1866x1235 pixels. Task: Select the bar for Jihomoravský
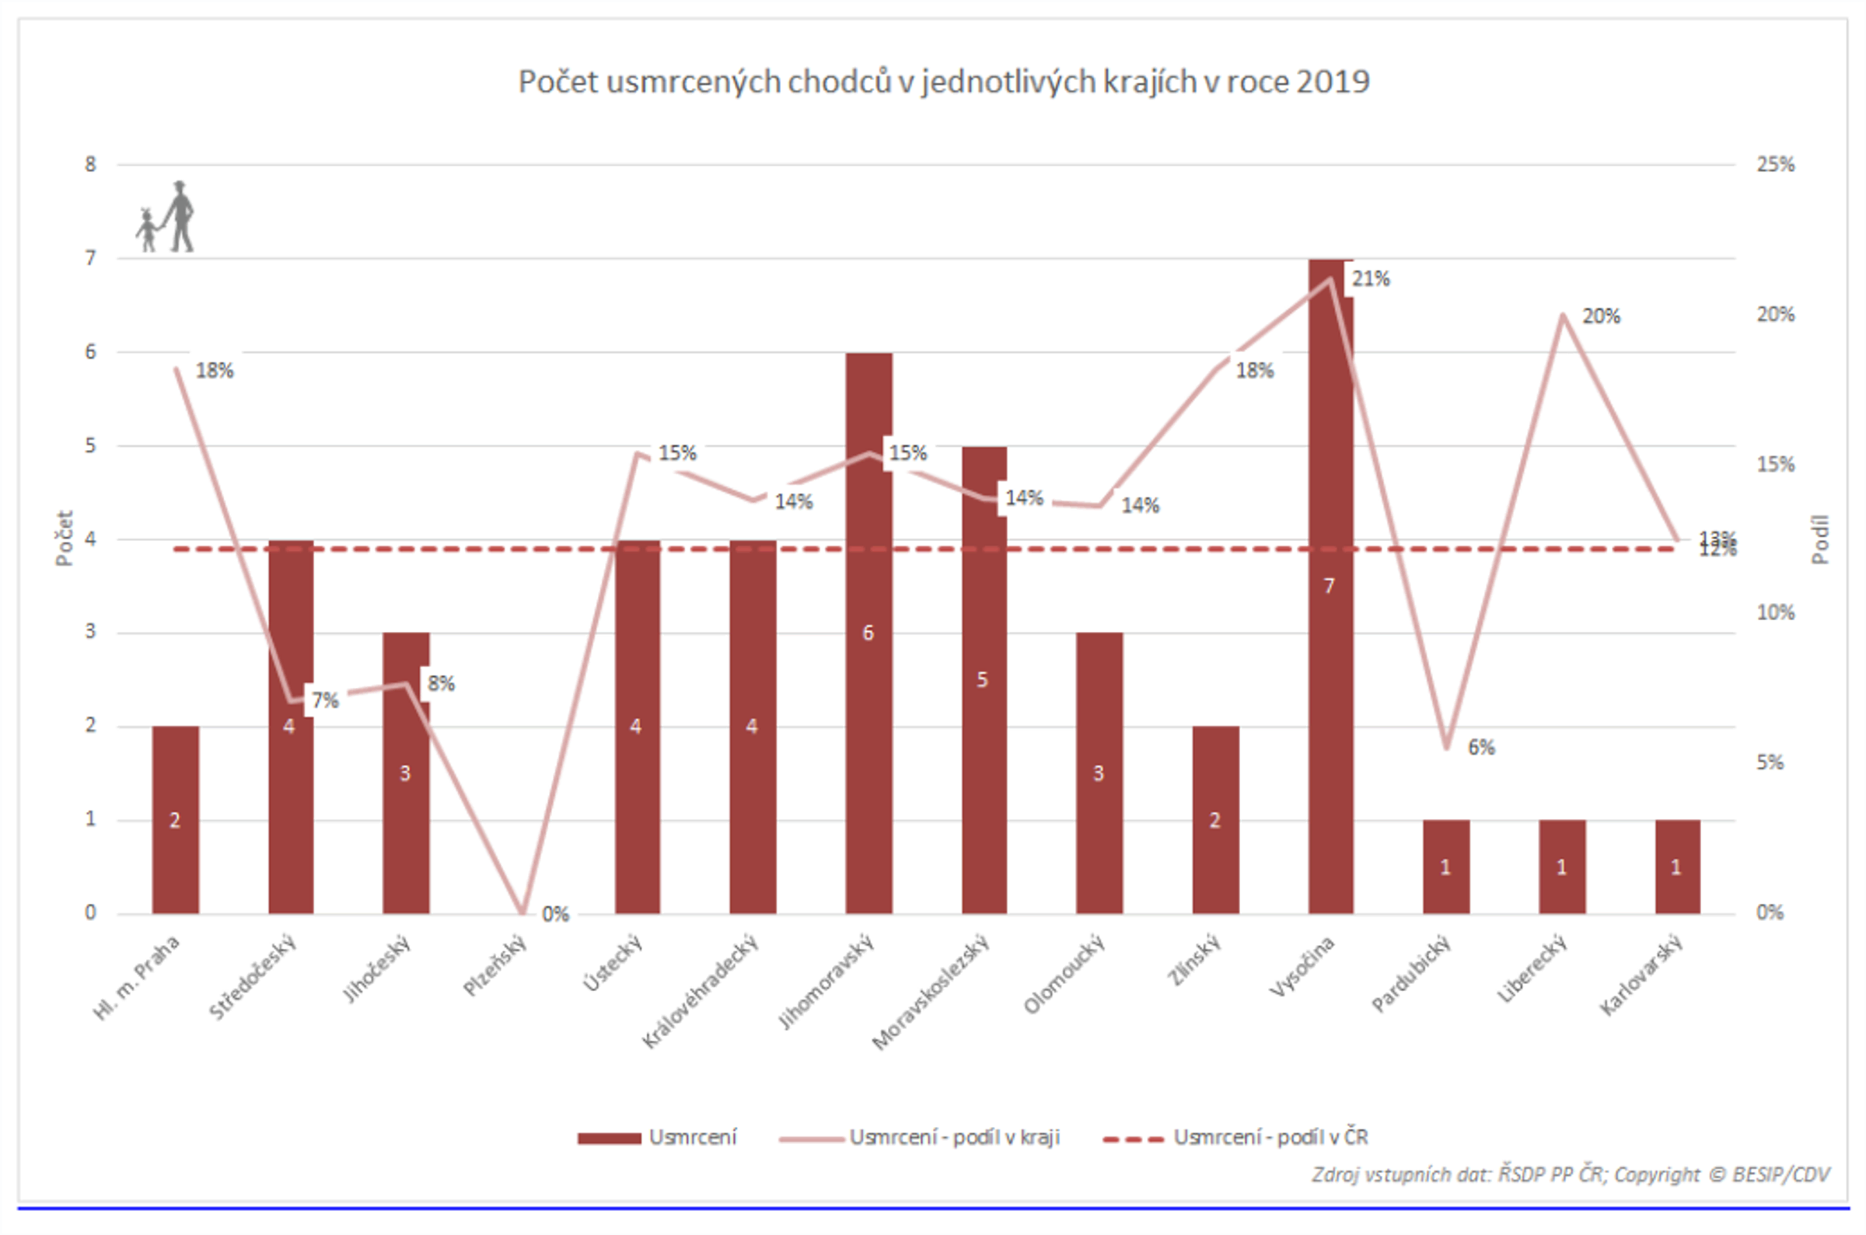[868, 709]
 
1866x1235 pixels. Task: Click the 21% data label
[1371, 279]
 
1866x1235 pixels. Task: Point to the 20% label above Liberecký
[1602, 316]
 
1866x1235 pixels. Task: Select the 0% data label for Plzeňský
[555, 914]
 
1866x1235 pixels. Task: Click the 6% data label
[1481, 748]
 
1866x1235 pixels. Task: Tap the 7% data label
[324, 700]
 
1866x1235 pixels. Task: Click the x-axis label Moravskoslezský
[931, 993]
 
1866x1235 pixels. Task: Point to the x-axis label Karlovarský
[1642, 975]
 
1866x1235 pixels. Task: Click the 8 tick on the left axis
[91, 165]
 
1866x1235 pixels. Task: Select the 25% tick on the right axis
[1774, 165]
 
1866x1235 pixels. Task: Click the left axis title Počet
[64, 538]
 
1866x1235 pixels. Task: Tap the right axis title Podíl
[1819, 539]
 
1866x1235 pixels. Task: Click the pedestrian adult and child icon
[166, 218]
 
